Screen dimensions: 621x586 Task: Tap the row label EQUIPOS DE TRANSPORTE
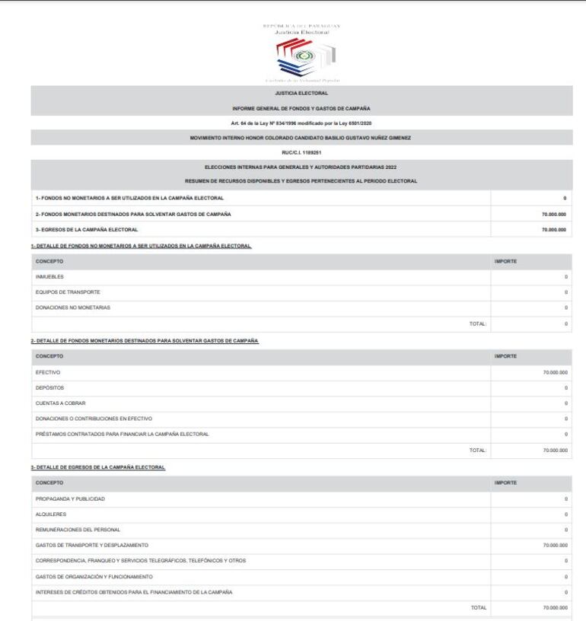pyautogui.click(x=68, y=292)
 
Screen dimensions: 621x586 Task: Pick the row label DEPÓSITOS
pyautogui.click(x=49, y=388)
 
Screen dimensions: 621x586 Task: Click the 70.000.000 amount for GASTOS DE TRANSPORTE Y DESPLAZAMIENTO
pyautogui.click(x=553, y=546)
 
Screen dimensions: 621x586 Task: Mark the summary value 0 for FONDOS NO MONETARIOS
pyautogui.click(x=565, y=198)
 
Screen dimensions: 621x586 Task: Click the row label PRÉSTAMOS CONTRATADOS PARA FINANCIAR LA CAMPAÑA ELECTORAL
pyautogui.click(x=123, y=434)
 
